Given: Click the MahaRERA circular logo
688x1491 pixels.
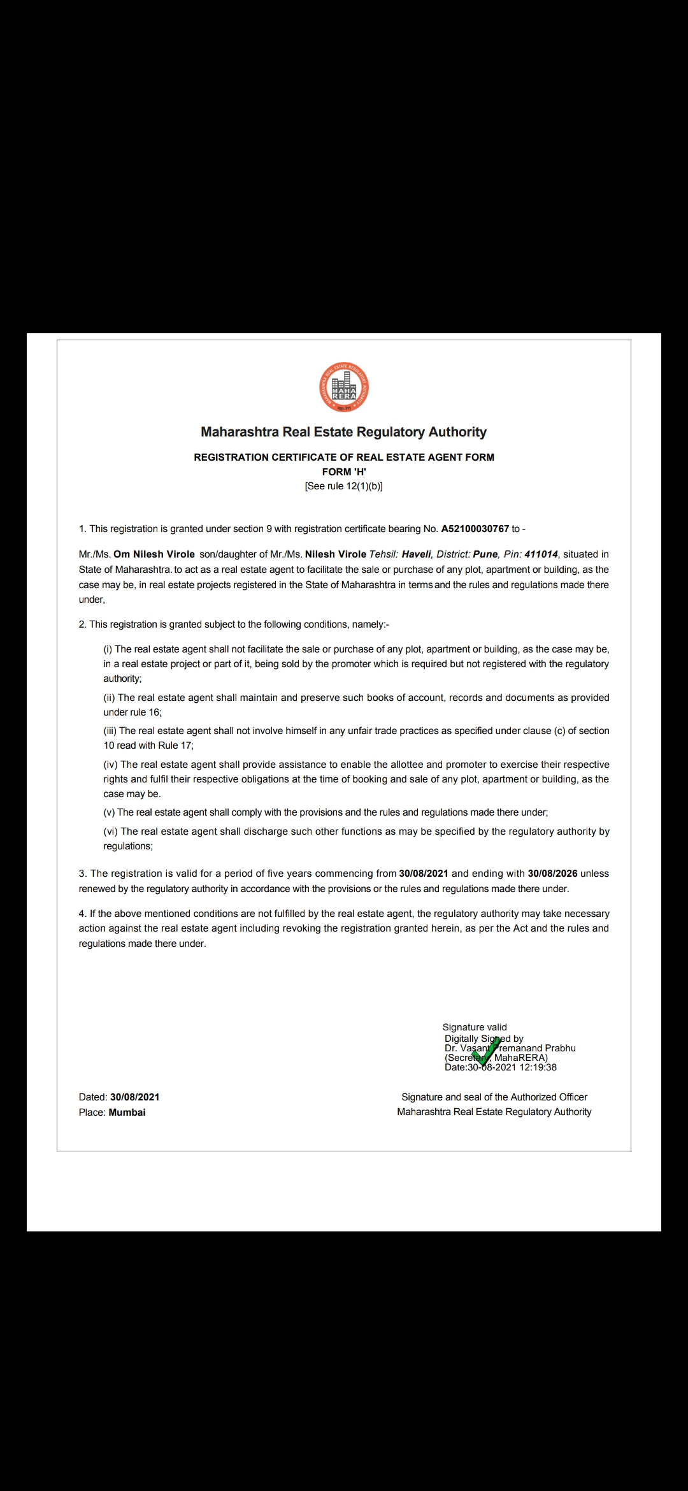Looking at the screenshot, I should coord(344,387).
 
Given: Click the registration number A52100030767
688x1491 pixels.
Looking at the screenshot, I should coord(475,529).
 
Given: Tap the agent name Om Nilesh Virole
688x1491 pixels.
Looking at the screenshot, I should coord(154,554).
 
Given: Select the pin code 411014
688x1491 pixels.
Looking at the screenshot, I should coord(541,554).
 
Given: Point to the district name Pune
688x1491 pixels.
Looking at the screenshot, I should coord(485,554).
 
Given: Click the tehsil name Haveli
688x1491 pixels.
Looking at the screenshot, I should coord(416,554).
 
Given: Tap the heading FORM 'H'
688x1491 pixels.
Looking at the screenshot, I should coord(344,472).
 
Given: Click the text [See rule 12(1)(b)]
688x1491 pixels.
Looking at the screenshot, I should coord(344,486).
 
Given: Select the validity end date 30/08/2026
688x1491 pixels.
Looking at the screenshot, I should coord(552,874).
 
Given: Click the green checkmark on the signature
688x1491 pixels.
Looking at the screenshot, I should coord(485,1052).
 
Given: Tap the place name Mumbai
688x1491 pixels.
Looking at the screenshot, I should coord(127,1113).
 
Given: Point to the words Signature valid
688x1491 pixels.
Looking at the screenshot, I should coord(475,1027).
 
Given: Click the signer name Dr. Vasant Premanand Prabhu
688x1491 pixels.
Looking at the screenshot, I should coord(510,1048).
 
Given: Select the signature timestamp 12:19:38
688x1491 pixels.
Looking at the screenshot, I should coord(538,1067).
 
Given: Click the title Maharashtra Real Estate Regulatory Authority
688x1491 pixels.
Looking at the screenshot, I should coord(344,432).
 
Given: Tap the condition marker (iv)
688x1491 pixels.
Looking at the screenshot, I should coord(111,765).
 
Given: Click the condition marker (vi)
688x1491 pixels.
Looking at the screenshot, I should coord(111,832).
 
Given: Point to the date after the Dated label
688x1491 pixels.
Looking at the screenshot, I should coord(134,1097).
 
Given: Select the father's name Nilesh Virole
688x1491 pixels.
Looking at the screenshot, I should coord(335,554).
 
